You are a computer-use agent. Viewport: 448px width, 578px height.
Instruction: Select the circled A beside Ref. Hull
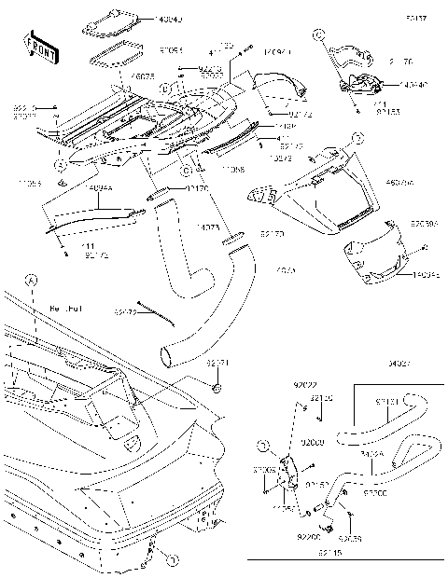32,279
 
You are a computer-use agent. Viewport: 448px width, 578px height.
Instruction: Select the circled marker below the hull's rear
171,558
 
